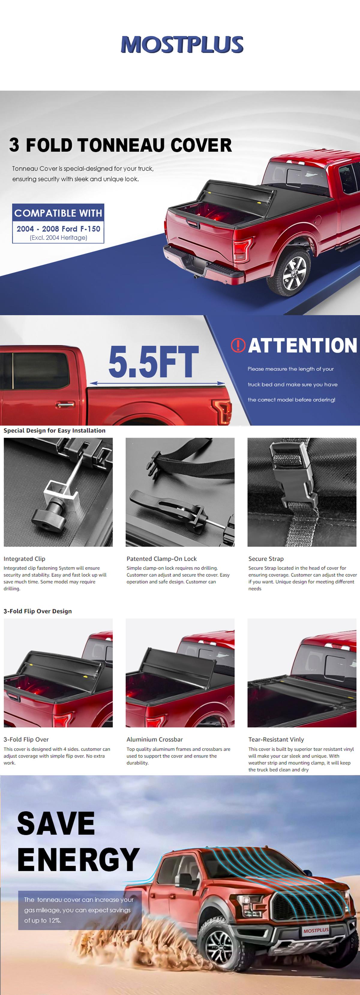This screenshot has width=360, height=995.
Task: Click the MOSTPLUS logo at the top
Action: tap(182, 44)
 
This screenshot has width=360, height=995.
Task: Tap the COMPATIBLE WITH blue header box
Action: tap(58, 213)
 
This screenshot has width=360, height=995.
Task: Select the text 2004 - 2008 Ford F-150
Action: tap(58, 229)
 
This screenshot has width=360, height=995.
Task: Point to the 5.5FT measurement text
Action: tap(153, 362)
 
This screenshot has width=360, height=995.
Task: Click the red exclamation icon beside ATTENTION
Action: tap(238, 345)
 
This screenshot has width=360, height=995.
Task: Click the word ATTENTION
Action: tap(302, 345)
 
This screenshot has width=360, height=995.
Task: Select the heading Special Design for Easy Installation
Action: tap(55, 430)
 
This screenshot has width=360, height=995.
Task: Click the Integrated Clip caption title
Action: tap(24, 559)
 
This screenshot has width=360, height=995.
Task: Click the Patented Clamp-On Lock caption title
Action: tap(161, 559)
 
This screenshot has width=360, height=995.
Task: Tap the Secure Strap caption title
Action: tap(266, 559)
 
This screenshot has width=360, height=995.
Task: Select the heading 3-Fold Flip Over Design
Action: tap(37, 611)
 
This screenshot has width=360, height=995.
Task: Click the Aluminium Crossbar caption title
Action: tap(154, 739)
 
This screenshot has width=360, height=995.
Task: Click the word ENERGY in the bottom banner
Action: tap(78, 860)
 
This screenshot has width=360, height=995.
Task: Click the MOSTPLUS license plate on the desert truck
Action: tap(316, 930)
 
